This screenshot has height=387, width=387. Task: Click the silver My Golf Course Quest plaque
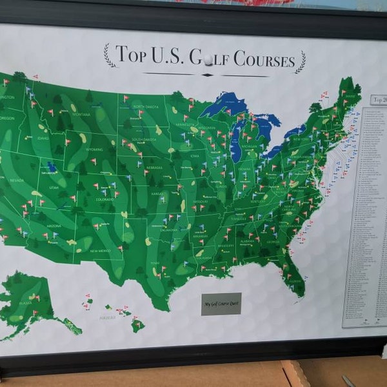point(221,303)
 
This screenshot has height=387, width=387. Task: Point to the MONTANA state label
point(81,114)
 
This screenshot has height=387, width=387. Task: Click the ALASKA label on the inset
point(25,302)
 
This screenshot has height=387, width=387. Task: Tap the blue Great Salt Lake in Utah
point(52,167)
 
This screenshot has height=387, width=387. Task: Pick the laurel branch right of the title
point(301,61)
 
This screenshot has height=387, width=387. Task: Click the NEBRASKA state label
point(154,166)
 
